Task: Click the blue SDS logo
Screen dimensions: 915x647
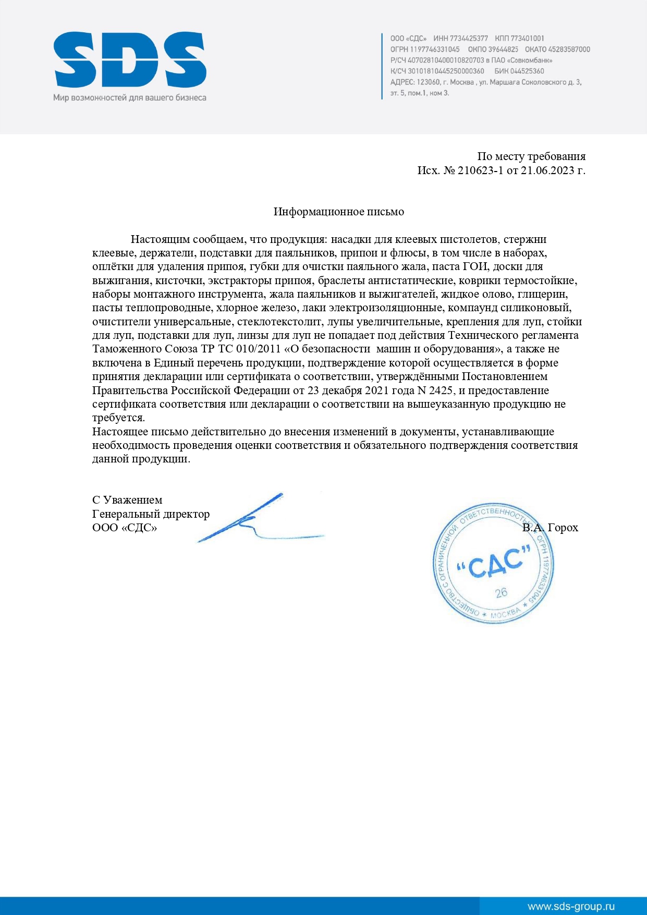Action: tap(130, 60)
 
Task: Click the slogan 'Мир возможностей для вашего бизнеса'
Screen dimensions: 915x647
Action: tap(130, 97)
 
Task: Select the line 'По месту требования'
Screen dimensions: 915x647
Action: tap(531, 156)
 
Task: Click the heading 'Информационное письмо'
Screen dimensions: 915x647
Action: tap(339, 212)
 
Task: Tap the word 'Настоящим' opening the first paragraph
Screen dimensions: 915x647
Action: tap(160, 239)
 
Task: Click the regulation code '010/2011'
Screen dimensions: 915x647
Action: tap(259, 349)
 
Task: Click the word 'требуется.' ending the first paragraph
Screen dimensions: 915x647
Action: tap(119, 418)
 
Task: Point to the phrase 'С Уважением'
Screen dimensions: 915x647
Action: tap(127, 500)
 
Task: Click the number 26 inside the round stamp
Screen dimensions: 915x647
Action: tap(501, 593)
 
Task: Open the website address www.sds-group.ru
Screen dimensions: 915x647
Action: tap(571, 906)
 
